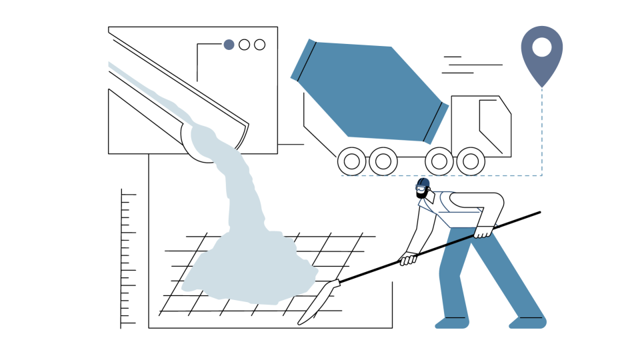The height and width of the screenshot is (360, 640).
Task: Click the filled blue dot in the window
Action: click(x=229, y=45)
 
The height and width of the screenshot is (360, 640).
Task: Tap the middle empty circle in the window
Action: click(x=244, y=45)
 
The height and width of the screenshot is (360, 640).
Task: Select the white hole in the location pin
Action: click(x=541, y=47)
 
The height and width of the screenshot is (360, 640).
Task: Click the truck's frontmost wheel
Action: click(x=471, y=161)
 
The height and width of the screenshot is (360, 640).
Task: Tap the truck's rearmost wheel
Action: click(x=352, y=161)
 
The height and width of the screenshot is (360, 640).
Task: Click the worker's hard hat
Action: click(x=423, y=183)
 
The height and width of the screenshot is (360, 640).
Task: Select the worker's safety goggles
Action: click(x=420, y=189)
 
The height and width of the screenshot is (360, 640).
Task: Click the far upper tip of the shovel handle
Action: click(x=539, y=213)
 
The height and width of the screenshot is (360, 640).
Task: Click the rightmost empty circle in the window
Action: click(x=259, y=45)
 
